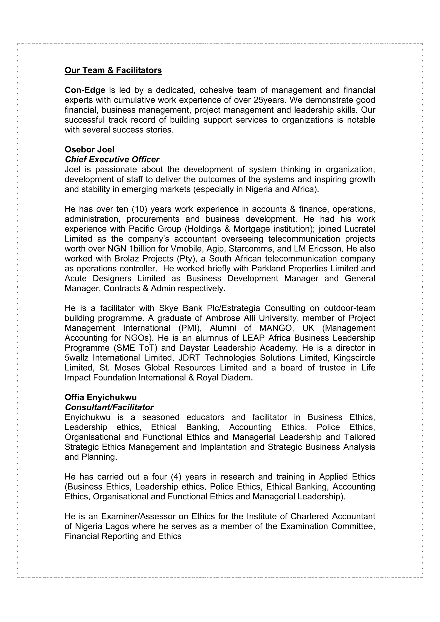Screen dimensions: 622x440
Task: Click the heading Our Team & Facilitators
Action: [x=113, y=70]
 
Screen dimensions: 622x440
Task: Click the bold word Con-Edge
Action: [x=85, y=90]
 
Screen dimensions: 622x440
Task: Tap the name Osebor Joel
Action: [x=89, y=149]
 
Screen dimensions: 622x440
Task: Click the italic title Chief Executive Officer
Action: [x=112, y=160]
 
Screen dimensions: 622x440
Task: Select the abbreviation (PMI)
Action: [x=190, y=328]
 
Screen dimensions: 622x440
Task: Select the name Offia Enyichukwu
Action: [x=101, y=397]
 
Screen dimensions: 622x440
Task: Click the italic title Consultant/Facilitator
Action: [x=109, y=408]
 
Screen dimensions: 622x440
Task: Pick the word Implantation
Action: [x=223, y=447]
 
